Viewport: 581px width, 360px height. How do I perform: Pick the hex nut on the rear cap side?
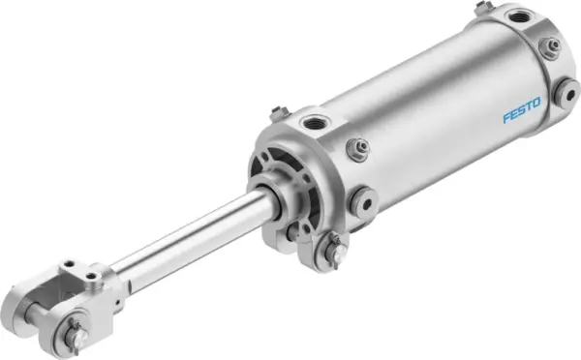click(x=549, y=46)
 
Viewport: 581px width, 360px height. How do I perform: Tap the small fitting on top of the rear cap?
click(x=481, y=9)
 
